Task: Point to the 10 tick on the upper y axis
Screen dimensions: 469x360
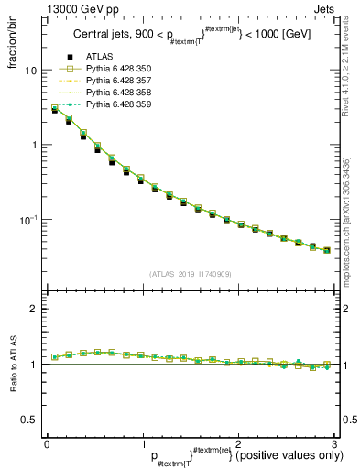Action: point(29,71)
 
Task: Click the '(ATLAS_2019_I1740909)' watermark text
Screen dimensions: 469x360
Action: point(190,274)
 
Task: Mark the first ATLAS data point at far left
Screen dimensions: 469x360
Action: point(55,110)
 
